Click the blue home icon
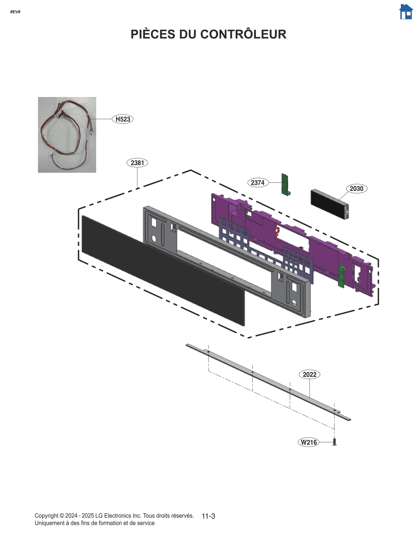click(x=406, y=12)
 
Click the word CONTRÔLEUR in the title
click(x=243, y=34)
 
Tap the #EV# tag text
click(x=15, y=12)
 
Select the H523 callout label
click(x=123, y=119)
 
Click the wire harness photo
click(x=67, y=135)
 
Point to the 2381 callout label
click(x=137, y=163)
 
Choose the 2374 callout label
click(x=258, y=183)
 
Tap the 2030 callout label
click(x=356, y=188)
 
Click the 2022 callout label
click(x=309, y=375)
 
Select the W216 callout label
click(x=309, y=442)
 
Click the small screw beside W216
click(x=335, y=442)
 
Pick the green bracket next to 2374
click(x=285, y=185)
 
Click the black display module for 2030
click(x=329, y=204)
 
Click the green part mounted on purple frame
click(x=341, y=277)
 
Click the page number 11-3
click(x=208, y=516)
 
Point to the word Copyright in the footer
click(x=46, y=516)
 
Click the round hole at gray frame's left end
click(x=154, y=238)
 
